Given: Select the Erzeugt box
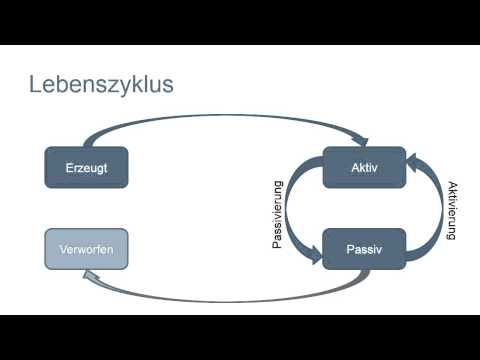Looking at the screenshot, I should (x=87, y=167).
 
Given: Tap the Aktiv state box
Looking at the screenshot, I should (x=364, y=167).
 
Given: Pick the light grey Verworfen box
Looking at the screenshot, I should (x=87, y=248).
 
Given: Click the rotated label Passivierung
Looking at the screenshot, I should (x=280, y=214).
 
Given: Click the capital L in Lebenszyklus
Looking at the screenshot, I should (x=36, y=84).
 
